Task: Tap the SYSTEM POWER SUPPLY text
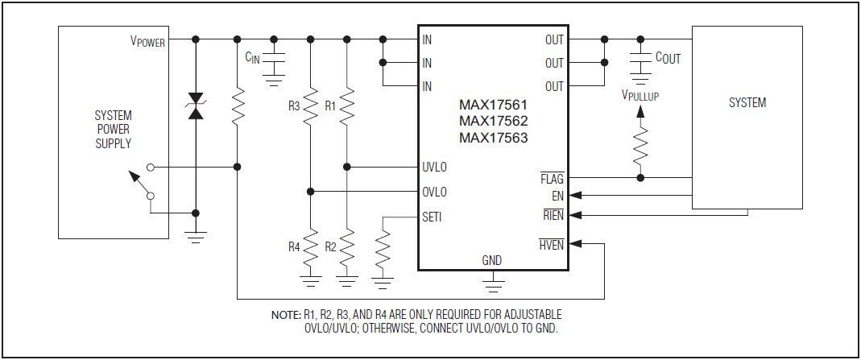(x=113, y=130)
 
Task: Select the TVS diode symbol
(x=195, y=107)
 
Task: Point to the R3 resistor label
(x=294, y=106)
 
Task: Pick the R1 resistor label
(x=330, y=106)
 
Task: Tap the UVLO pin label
(x=434, y=168)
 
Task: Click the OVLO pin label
(x=434, y=192)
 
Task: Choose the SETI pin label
(x=432, y=217)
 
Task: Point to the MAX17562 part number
(x=493, y=121)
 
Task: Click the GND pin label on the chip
(x=491, y=260)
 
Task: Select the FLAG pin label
(x=552, y=177)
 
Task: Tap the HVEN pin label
(x=552, y=245)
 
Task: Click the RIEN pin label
(x=553, y=214)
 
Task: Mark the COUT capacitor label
(x=668, y=58)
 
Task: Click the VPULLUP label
(x=640, y=95)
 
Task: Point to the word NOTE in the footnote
(x=286, y=314)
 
